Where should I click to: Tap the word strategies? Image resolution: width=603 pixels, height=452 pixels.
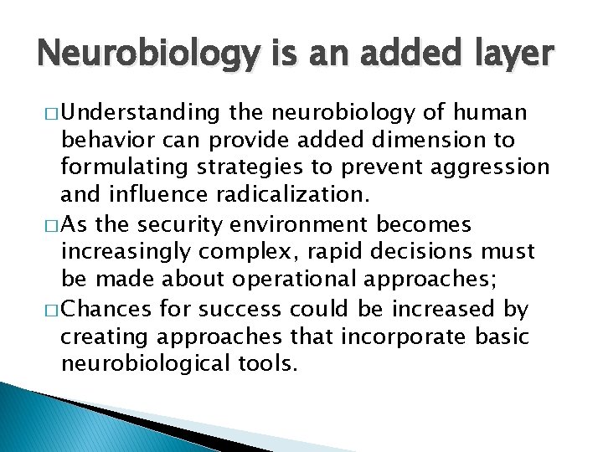(x=251, y=167)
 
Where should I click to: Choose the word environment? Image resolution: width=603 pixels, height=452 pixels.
(x=311, y=225)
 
